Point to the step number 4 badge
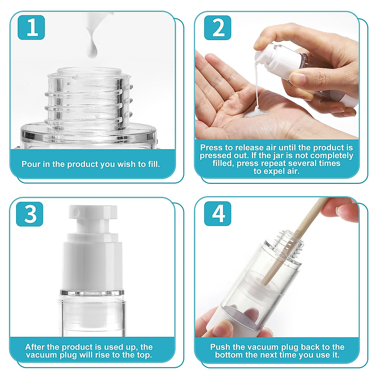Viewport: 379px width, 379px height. click(218, 214)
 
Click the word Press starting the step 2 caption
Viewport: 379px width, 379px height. click(211, 147)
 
